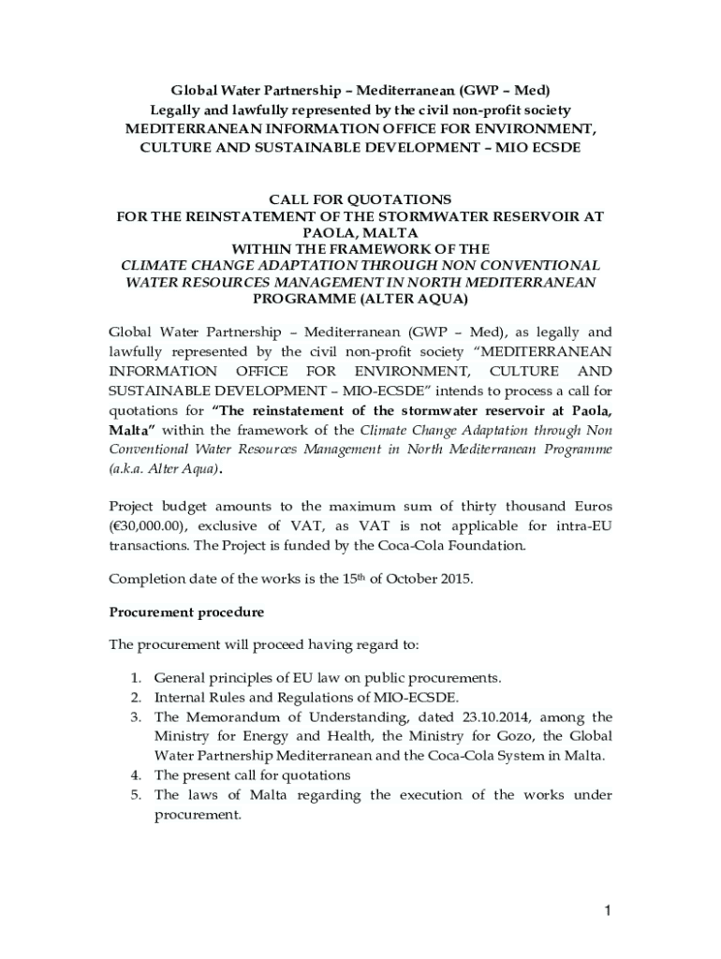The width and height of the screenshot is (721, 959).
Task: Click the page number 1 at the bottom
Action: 607,911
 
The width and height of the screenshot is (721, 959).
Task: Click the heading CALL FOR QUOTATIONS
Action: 360,199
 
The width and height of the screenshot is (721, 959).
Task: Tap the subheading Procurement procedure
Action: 186,612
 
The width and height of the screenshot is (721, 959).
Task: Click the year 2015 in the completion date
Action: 455,578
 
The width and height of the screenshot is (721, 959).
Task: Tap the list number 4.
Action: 135,775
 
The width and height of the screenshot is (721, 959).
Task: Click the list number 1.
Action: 135,677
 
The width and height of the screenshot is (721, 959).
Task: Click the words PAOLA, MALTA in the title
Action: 360,232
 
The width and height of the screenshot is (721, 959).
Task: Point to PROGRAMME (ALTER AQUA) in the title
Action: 360,299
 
